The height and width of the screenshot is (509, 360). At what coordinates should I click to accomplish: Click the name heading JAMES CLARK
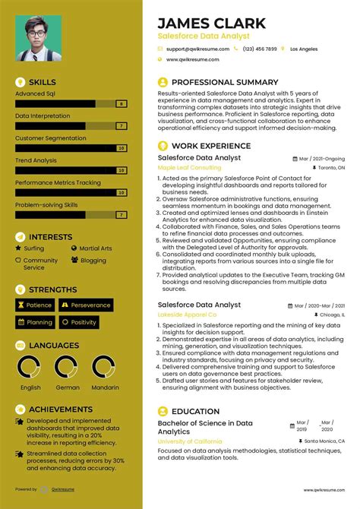211,23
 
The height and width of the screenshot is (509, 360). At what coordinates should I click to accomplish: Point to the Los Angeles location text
304,49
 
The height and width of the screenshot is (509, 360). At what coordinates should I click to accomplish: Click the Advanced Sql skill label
35,94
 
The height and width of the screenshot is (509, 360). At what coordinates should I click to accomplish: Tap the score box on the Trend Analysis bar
122,170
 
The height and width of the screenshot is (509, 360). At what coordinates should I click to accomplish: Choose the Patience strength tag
35,305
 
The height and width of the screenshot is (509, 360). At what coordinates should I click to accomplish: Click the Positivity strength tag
80,322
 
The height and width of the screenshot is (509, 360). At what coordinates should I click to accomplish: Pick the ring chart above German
68,368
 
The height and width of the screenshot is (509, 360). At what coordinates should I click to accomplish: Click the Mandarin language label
104,387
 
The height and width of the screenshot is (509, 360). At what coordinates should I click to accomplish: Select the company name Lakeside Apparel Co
187,314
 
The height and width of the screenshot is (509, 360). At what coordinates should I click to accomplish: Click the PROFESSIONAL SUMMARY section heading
225,82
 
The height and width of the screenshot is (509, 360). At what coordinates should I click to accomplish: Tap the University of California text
189,441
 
